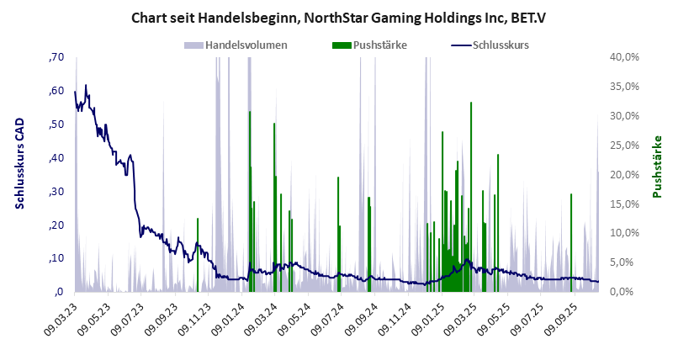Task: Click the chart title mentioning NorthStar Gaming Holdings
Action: click(x=339, y=17)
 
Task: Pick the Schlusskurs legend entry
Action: click(x=501, y=45)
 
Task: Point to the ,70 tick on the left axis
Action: click(x=56, y=57)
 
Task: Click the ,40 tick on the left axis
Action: click(x=56, y=158)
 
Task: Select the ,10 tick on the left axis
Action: click(x=56, y=258)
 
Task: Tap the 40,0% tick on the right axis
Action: click(x=627, y=57)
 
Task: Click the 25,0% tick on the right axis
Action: click(x=627, y=145)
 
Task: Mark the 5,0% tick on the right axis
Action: click(x=627, y=262)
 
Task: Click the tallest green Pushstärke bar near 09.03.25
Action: click(x=471, y=193)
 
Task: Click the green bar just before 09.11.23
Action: click(x=198, y=252)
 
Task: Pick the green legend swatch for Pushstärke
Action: click(x=342, y=45)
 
